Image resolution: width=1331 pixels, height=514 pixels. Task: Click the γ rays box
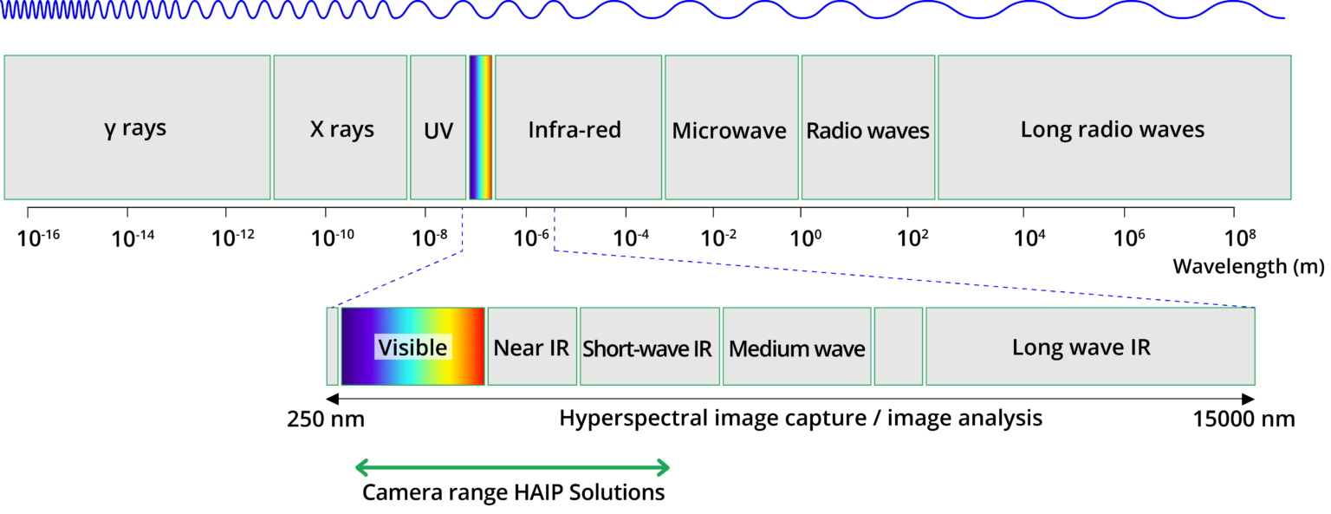point(137,128)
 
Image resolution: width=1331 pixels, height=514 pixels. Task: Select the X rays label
point(342,130)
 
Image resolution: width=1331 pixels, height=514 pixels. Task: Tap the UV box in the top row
point(438,130)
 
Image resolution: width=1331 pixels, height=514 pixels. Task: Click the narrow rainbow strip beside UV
point(480,128)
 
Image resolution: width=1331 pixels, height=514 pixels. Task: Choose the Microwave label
point(730,131)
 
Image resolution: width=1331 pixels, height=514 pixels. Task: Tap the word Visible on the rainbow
point(412,348)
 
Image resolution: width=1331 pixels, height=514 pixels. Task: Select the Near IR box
point(532,347)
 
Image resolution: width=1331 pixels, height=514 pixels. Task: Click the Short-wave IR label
point(647,348)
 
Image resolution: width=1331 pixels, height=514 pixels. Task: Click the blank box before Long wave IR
point(899,347)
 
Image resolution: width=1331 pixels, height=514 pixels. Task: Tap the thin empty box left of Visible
point(333,347)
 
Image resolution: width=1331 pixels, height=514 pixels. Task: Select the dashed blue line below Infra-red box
point(554,227)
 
